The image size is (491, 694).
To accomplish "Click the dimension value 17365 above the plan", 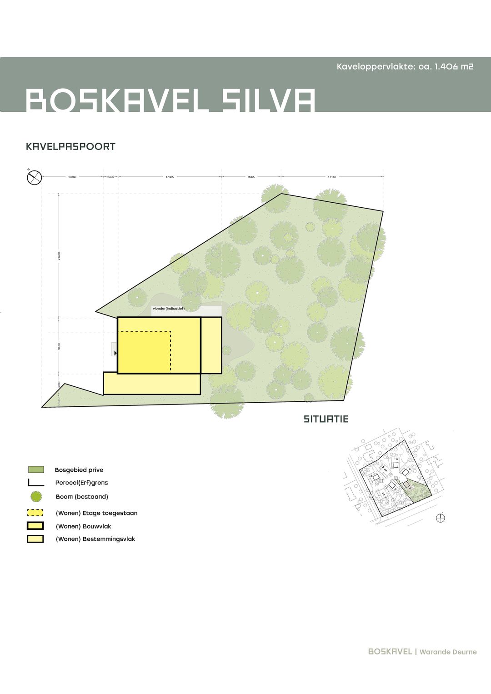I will tap(170, 177).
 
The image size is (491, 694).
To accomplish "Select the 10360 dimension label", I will tap(72, 177).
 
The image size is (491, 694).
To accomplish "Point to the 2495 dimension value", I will tap(110, 177).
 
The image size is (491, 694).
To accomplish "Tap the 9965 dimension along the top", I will tap(251, 177).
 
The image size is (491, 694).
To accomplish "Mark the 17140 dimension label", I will tap(332, 177).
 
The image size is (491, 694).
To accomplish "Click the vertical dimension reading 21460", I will tap(59, 256).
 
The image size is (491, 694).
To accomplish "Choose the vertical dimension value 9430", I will tap(59, 346).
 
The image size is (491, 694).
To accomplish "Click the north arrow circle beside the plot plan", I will tap(35, 177).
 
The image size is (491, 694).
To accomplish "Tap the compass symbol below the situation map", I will tap(440, 518).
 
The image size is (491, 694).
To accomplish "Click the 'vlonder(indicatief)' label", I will tap(169, 309).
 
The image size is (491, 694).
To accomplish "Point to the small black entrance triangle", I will tap(116, 353).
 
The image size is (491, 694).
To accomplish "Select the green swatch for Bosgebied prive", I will tap(36, 469).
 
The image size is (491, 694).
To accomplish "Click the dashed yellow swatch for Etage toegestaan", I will tap(35, 513).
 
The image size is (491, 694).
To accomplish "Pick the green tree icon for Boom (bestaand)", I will tap(36, 497).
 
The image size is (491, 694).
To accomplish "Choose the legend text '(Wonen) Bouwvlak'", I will tap(83, 526).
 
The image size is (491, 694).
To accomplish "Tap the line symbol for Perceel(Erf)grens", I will tap(35, 483).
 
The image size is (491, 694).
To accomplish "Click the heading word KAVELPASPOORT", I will tap(71, 147).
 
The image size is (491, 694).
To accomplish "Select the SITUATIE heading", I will tap(326, 419).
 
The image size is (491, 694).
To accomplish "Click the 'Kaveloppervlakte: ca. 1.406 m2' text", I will tap(405, 67).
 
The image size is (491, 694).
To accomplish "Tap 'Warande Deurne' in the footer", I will tap(448, 652).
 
